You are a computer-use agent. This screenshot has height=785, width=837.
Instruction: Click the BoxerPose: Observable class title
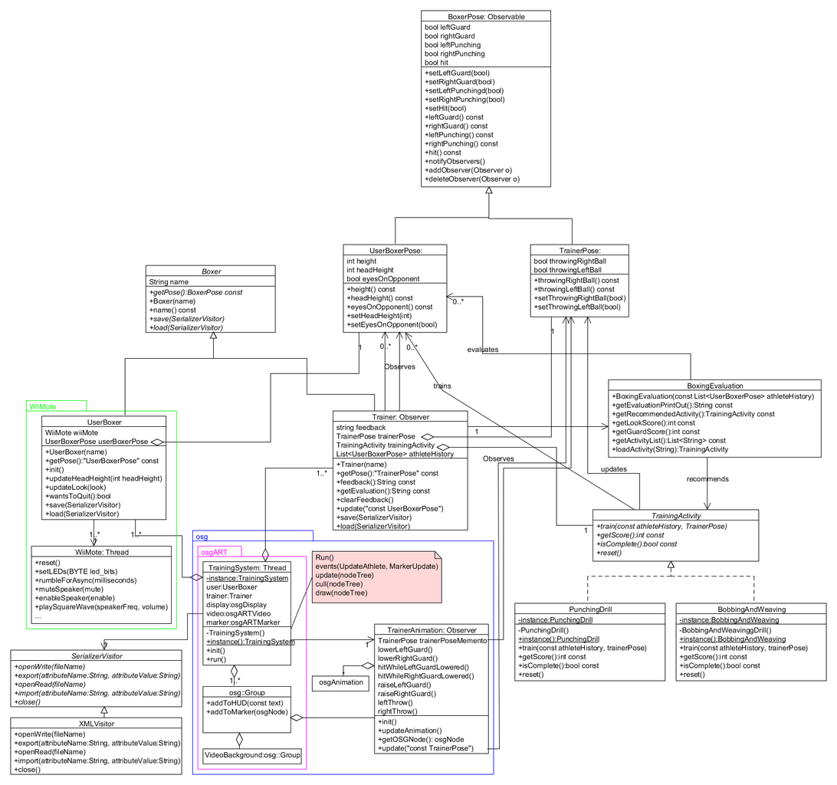[486, 17]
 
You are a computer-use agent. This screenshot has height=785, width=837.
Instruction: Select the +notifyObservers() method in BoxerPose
[455, 161]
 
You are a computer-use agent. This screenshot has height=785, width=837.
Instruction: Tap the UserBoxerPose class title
[396, 251]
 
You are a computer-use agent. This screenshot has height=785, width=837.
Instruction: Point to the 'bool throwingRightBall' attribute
[569, 261]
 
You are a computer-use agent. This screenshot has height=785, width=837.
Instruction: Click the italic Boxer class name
[212, 271]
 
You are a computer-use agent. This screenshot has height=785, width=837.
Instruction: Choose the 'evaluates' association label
[483, 350]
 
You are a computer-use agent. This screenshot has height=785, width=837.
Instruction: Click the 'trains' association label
[442, 386]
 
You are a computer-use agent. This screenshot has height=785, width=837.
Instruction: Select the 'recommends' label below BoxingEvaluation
[707, 479]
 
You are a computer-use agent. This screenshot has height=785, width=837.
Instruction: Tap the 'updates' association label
[613, 469]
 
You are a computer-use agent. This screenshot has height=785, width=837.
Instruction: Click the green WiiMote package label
[43, 406]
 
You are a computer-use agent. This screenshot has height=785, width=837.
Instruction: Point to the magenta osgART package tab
[214, 552]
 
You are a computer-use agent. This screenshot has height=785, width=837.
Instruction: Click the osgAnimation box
[340, 683]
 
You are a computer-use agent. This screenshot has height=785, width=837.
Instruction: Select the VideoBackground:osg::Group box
[252, 756]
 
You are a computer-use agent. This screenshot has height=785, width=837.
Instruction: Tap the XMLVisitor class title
[97, 724]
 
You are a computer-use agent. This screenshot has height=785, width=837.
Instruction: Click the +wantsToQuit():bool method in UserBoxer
[78, 496]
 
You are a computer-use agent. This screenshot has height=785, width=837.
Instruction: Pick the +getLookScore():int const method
[653, 423]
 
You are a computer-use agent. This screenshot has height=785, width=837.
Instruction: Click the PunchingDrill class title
[590, 609]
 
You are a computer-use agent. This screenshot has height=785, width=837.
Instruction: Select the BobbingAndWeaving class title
[752, 609]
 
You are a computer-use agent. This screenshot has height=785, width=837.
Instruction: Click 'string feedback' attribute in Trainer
[361, 427]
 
